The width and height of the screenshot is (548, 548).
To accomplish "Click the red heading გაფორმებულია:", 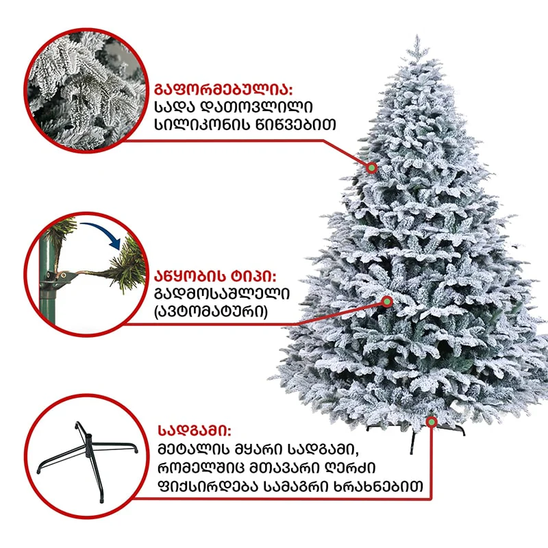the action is pyautogui.click(x=223, y=90).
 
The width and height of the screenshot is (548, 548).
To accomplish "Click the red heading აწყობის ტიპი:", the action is pyautogui.click(x=215, y=277).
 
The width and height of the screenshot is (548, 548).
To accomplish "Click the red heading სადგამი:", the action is pyautogui.click(x=195, y=431).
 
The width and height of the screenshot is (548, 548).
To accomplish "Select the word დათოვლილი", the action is pyautogui.click(x=258, y=107).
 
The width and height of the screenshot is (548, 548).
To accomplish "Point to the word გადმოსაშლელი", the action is pyautogui.click(x=222, y=294).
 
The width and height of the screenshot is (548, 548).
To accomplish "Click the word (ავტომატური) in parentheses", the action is pyautogui.click(x=211, y=312).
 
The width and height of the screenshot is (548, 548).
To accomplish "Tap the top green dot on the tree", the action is pyautogui.click(x=372, y=168).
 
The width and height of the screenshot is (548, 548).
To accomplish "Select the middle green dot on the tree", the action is pyautogui.click(x=387, y=301).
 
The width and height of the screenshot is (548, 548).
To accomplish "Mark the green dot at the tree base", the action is pyautogui.click(x=432, y=422).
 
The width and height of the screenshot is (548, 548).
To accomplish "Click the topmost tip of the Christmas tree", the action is pyautogui.click(x=416, y=35).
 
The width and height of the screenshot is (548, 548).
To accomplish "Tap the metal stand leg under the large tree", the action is pyautogui.click(x=413, y=442).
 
